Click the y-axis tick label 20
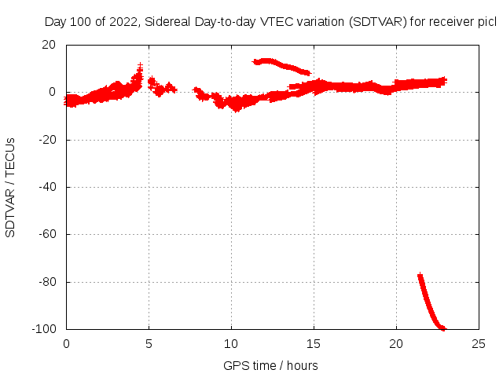pyautogui.click(x=49, y=45)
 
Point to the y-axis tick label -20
pyautogui.click(x=46, y=140)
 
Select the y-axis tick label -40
pyautogui.click(x=46, y=187)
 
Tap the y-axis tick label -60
pyautogui.click(x=46, y=234)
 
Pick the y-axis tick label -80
pyautogui.click(x=46, y=281)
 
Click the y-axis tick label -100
pyautogui.click(x=44, y=328)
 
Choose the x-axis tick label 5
pyautogui.click(x=149, y=343)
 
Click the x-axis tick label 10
pyautogui.click(x=231, y=343)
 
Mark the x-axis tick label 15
pyautogui.click(x=314, y=343)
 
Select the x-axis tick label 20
pyautogui.click(x=396, y=343)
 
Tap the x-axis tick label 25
pyautogui.click(x=479, y=343)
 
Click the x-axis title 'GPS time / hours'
pyautogui.click(x=270, y=365)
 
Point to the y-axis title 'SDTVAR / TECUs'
pyautogui.click(x=11, y=187)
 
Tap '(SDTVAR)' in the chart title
pyautogui.click(x=380, y=21)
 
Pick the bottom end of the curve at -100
pyautogui.click(x=442, y=328)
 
